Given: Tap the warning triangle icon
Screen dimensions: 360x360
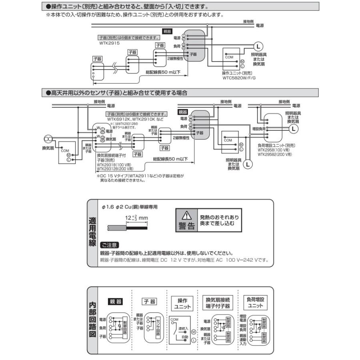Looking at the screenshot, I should click(186, 215).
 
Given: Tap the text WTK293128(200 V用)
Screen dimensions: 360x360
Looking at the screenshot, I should click(116, 168).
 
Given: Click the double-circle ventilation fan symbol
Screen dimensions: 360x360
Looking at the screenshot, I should click(48, 139).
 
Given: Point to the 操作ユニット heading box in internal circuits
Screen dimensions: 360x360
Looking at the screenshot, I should click(182, 303).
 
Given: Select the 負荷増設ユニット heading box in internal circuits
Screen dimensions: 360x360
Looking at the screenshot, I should click(256, 303).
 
